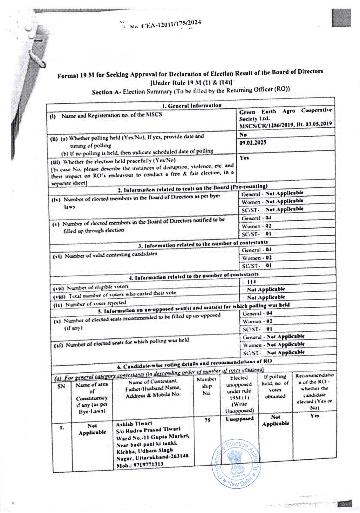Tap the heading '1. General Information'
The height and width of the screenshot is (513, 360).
(x=191, y=106)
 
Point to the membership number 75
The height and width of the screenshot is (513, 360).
(x=207, y=420)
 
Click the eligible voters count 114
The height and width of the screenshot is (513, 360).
(x=252, y=282)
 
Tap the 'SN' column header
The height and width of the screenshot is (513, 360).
(x=61, y=386)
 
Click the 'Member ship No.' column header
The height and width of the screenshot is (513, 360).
(x=207, y=386)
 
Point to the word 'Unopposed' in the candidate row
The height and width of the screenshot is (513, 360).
(x=239, y=419)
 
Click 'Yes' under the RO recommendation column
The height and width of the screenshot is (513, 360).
(x=314, y=416)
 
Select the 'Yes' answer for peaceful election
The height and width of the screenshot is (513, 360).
(x=244, y=158)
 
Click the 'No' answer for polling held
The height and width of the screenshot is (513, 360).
(x=243, y=135)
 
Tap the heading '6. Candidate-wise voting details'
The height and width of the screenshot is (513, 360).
(x=194, y=363)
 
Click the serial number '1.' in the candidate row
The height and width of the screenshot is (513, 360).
(x=62, y=427)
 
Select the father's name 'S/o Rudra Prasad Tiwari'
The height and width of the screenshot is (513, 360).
(x=148, y=430)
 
